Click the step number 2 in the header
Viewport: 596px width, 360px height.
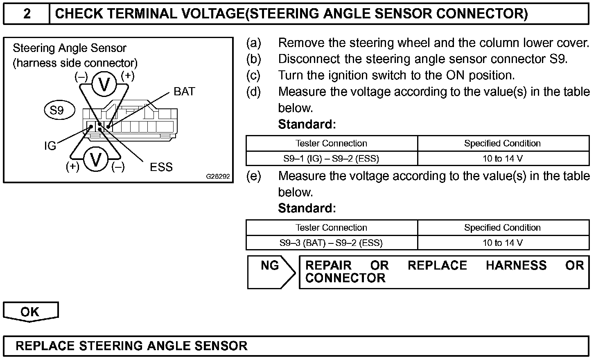[27, 14]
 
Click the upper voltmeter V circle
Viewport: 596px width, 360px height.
[104, 84]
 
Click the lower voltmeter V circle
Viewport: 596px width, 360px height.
[96, 160]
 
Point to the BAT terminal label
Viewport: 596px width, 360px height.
[184, 92]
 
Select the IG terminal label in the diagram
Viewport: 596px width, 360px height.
[50, 146]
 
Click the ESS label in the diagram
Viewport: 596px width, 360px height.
[161, 167]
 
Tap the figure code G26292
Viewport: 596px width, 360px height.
[218, 177]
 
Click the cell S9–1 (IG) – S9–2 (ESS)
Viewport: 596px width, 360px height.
[331, 158]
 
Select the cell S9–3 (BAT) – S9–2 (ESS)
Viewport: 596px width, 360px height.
[331, 243]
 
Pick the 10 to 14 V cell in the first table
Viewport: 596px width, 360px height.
[502, 158]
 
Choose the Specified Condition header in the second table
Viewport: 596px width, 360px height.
[502, 227]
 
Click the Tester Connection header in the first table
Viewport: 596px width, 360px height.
[331, 143]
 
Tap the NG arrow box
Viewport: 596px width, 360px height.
[271, 272]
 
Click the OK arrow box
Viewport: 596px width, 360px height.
[30, 312]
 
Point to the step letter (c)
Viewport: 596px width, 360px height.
[253, 75]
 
